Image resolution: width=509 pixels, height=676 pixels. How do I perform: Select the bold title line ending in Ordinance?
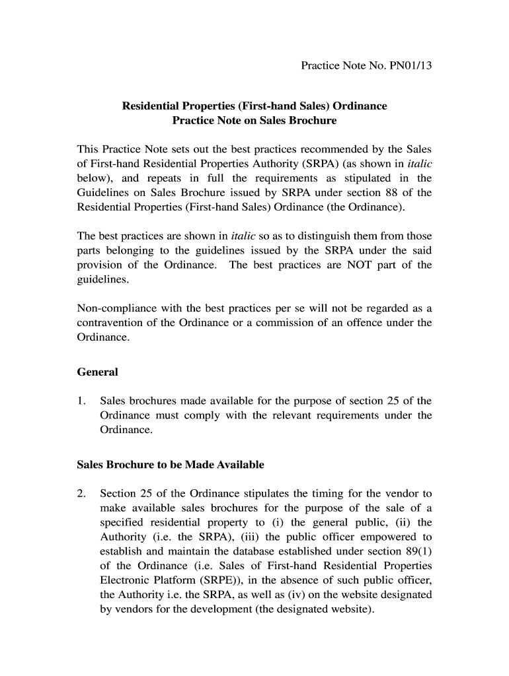(x=255, y=106)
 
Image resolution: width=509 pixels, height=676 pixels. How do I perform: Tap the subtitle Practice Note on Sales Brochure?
(x=255, y=121)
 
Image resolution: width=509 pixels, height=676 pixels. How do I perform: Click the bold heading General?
(x=97, y=372)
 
